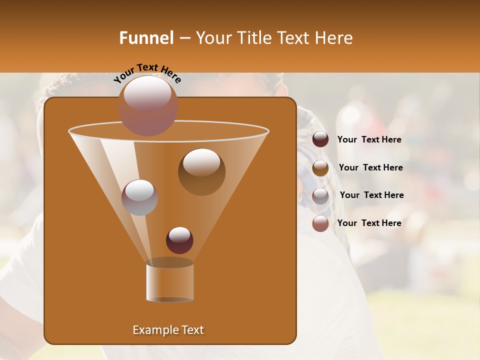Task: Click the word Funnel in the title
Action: click(145, 38)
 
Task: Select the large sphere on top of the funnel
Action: click(148, 105)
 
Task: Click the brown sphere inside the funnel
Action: click(201, 171)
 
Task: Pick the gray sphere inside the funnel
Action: click(139, 197)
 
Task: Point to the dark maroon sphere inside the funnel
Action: click(179, 240)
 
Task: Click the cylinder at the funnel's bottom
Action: click(169, 281)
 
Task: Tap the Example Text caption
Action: click(168, 330)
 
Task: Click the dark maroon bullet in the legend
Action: click(320, 139)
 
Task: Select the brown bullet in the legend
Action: click(320, 167)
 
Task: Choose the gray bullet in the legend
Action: click(320, 195)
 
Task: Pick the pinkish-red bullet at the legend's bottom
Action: click(320, 223)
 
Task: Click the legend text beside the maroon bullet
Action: click(369, 139)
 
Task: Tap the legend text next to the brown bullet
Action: click(370, 167)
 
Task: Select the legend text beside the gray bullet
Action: click(371, 195)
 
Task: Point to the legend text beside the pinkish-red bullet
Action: click(369, 223)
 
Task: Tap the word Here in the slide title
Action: click(332, 38)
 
